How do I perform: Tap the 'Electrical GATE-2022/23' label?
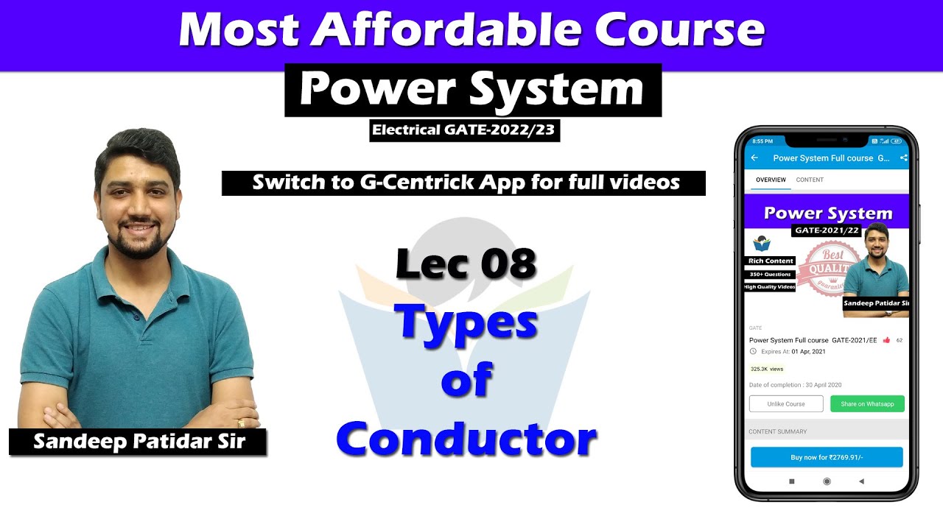tap(464, 130)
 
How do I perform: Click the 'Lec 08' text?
tap(466, 264)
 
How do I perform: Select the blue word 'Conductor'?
tap(466, 439)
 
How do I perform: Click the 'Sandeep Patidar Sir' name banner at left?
tap(138, 442)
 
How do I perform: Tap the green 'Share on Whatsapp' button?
tap(867, 403)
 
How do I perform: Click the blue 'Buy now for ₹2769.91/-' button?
tap(827, 457)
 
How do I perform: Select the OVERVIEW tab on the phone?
tap(771, 180)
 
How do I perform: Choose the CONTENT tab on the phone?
tap(810, 180)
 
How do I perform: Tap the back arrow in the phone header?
tap(754, 158)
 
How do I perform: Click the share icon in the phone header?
tap(904, 158)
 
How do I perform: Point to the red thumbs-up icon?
tap(886, 340)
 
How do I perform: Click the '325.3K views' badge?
tap(767, 369)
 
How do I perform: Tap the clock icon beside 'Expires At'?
tap(753, 352)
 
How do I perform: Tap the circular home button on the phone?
tap(827, 481)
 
